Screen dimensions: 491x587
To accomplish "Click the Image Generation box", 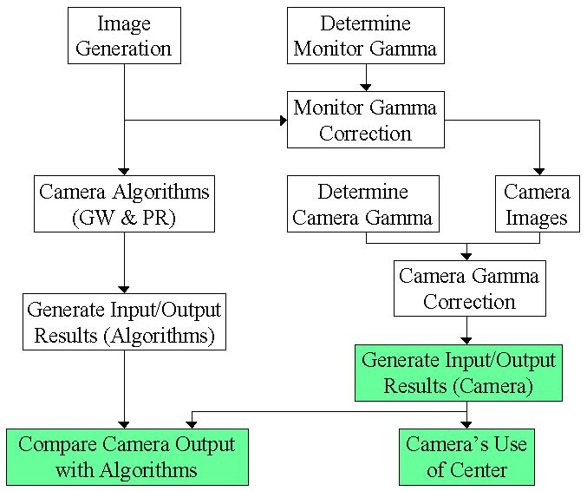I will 124,36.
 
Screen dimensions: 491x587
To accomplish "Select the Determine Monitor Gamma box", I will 365,36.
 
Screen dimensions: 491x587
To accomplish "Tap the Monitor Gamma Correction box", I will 365,120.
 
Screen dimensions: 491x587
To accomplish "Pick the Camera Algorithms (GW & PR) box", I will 124,204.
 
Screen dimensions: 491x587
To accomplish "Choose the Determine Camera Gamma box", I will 362,204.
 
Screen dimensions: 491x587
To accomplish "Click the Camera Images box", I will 537,204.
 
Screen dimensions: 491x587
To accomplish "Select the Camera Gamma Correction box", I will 469,289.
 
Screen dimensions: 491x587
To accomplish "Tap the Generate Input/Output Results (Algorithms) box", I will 124,322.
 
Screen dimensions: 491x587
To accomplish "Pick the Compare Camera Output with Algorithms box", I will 127,456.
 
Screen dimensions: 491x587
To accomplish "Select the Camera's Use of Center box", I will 466,456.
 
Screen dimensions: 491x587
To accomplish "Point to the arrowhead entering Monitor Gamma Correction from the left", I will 282,120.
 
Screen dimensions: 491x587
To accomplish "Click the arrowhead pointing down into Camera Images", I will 540,172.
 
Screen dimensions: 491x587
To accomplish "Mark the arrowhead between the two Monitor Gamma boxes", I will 366,87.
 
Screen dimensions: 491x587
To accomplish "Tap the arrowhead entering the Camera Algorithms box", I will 124,171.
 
